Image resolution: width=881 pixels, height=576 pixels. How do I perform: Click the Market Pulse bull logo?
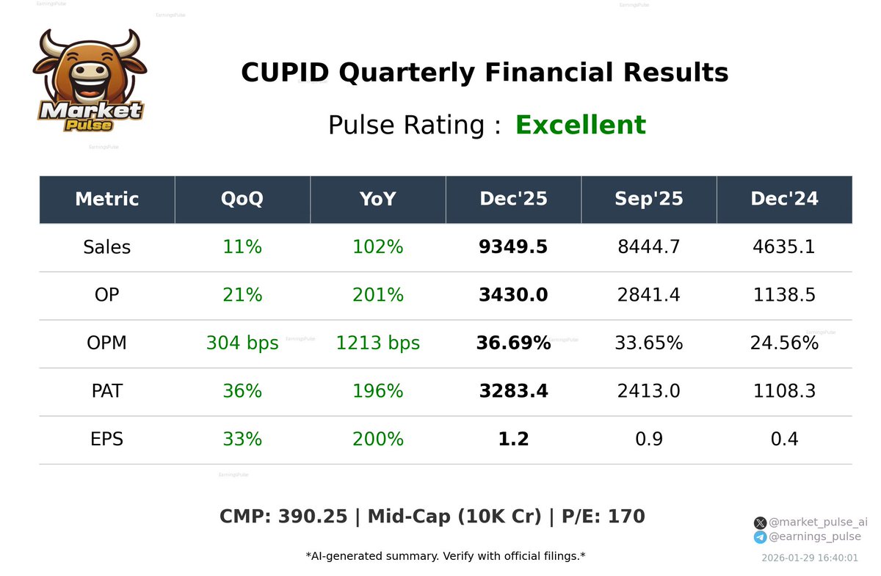tap(89, 81)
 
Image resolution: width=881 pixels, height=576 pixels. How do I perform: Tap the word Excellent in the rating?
tap(580, 125)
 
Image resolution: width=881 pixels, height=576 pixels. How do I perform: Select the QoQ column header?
tap(242, 199)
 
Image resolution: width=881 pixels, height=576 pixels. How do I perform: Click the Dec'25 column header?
tap(513, 199)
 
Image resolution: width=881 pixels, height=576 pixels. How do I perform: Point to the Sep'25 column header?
tap(649, 199)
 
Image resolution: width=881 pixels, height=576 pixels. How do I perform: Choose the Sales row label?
tap(107, 247)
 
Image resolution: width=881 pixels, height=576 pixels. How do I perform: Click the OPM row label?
tap(107, 343)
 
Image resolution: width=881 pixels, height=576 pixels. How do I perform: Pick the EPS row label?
tap(107, 440)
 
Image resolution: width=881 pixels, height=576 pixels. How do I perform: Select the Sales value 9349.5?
tap(513, 247)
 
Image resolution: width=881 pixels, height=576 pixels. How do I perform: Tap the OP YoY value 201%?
tap(378, 295)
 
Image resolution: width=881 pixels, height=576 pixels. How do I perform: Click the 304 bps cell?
tap(242, 343)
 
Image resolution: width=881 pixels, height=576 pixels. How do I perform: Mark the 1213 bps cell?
tap(378, 343)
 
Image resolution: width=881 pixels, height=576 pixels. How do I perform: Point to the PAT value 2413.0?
tap(649, 391)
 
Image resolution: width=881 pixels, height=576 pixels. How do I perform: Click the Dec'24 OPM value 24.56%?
tap(784, 343)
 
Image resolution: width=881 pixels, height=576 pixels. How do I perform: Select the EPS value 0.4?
tap(784, 440)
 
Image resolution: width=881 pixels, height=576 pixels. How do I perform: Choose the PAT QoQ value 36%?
tap(242, 391)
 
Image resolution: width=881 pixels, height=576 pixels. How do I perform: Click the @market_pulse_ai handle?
tap(818, 522)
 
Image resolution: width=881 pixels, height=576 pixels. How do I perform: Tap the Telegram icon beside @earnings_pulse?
tap(760, 537)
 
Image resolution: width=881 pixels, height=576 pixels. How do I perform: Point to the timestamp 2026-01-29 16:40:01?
tap(810, 558)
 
